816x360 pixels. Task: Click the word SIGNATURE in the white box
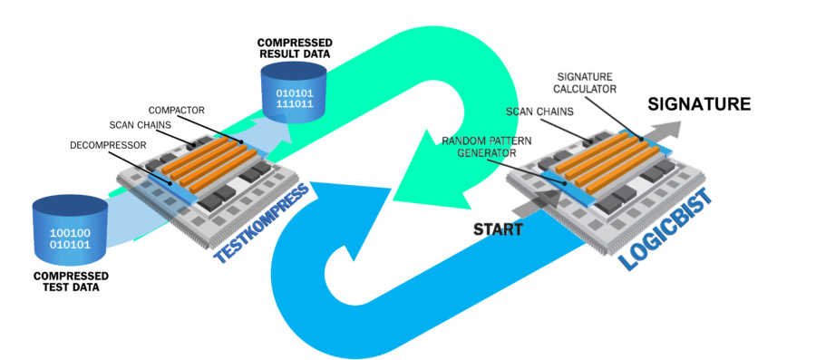coord(698,104)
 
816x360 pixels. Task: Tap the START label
coord(498,229)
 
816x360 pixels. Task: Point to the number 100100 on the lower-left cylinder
coord(69,231)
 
